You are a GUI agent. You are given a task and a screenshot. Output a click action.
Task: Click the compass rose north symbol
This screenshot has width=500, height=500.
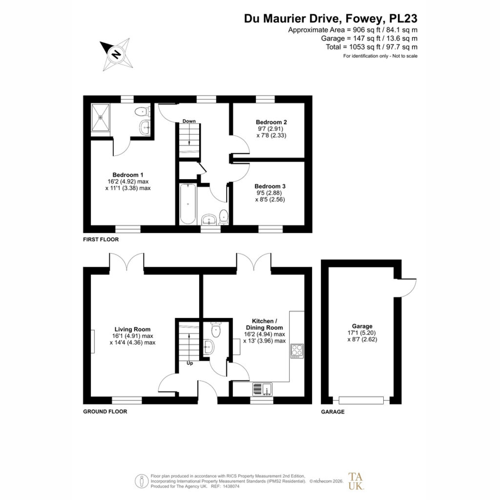[x=116, y=54]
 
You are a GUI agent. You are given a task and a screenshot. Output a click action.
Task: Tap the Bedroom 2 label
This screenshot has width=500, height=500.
[x=271, y=122]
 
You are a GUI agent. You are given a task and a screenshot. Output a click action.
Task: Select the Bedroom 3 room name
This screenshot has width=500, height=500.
[x=270, y=186]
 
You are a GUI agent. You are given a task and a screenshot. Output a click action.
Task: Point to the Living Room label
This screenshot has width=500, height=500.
[x=132, y=330]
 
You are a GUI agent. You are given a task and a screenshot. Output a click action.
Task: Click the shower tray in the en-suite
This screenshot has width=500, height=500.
[x=101, y=117]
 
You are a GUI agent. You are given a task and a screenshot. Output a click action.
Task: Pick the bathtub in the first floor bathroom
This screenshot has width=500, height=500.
[x=188, y=204]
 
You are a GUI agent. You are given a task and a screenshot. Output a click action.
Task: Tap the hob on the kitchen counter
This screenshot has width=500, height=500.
[x=297, y=351]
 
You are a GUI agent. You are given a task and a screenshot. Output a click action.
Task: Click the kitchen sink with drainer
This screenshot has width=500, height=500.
[x=262, y=389]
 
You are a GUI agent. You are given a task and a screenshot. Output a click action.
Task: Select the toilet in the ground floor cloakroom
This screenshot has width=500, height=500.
[x=216, y=330]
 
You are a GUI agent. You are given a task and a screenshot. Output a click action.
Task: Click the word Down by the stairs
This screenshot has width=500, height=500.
[x=189, y=121]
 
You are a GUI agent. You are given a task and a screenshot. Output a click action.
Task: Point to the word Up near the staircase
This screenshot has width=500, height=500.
[x=190, y=363]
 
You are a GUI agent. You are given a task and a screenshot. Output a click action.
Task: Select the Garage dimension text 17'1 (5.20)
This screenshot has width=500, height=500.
[x=362, y=333]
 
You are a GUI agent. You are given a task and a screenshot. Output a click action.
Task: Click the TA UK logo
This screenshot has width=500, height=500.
[x=356, y=481]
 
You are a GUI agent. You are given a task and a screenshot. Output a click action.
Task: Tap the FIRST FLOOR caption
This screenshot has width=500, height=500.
[x=101, y=239]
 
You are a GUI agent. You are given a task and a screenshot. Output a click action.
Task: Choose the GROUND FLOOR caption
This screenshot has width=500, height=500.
[x=105, y=412]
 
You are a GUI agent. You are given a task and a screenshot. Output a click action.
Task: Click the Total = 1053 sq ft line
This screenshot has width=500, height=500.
[x=372, y=47]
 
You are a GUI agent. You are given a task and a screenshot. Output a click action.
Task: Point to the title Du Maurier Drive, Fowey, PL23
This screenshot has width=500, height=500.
[x=331, y=19]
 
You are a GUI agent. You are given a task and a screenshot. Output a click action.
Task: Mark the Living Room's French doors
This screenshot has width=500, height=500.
[x=126, y=262]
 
